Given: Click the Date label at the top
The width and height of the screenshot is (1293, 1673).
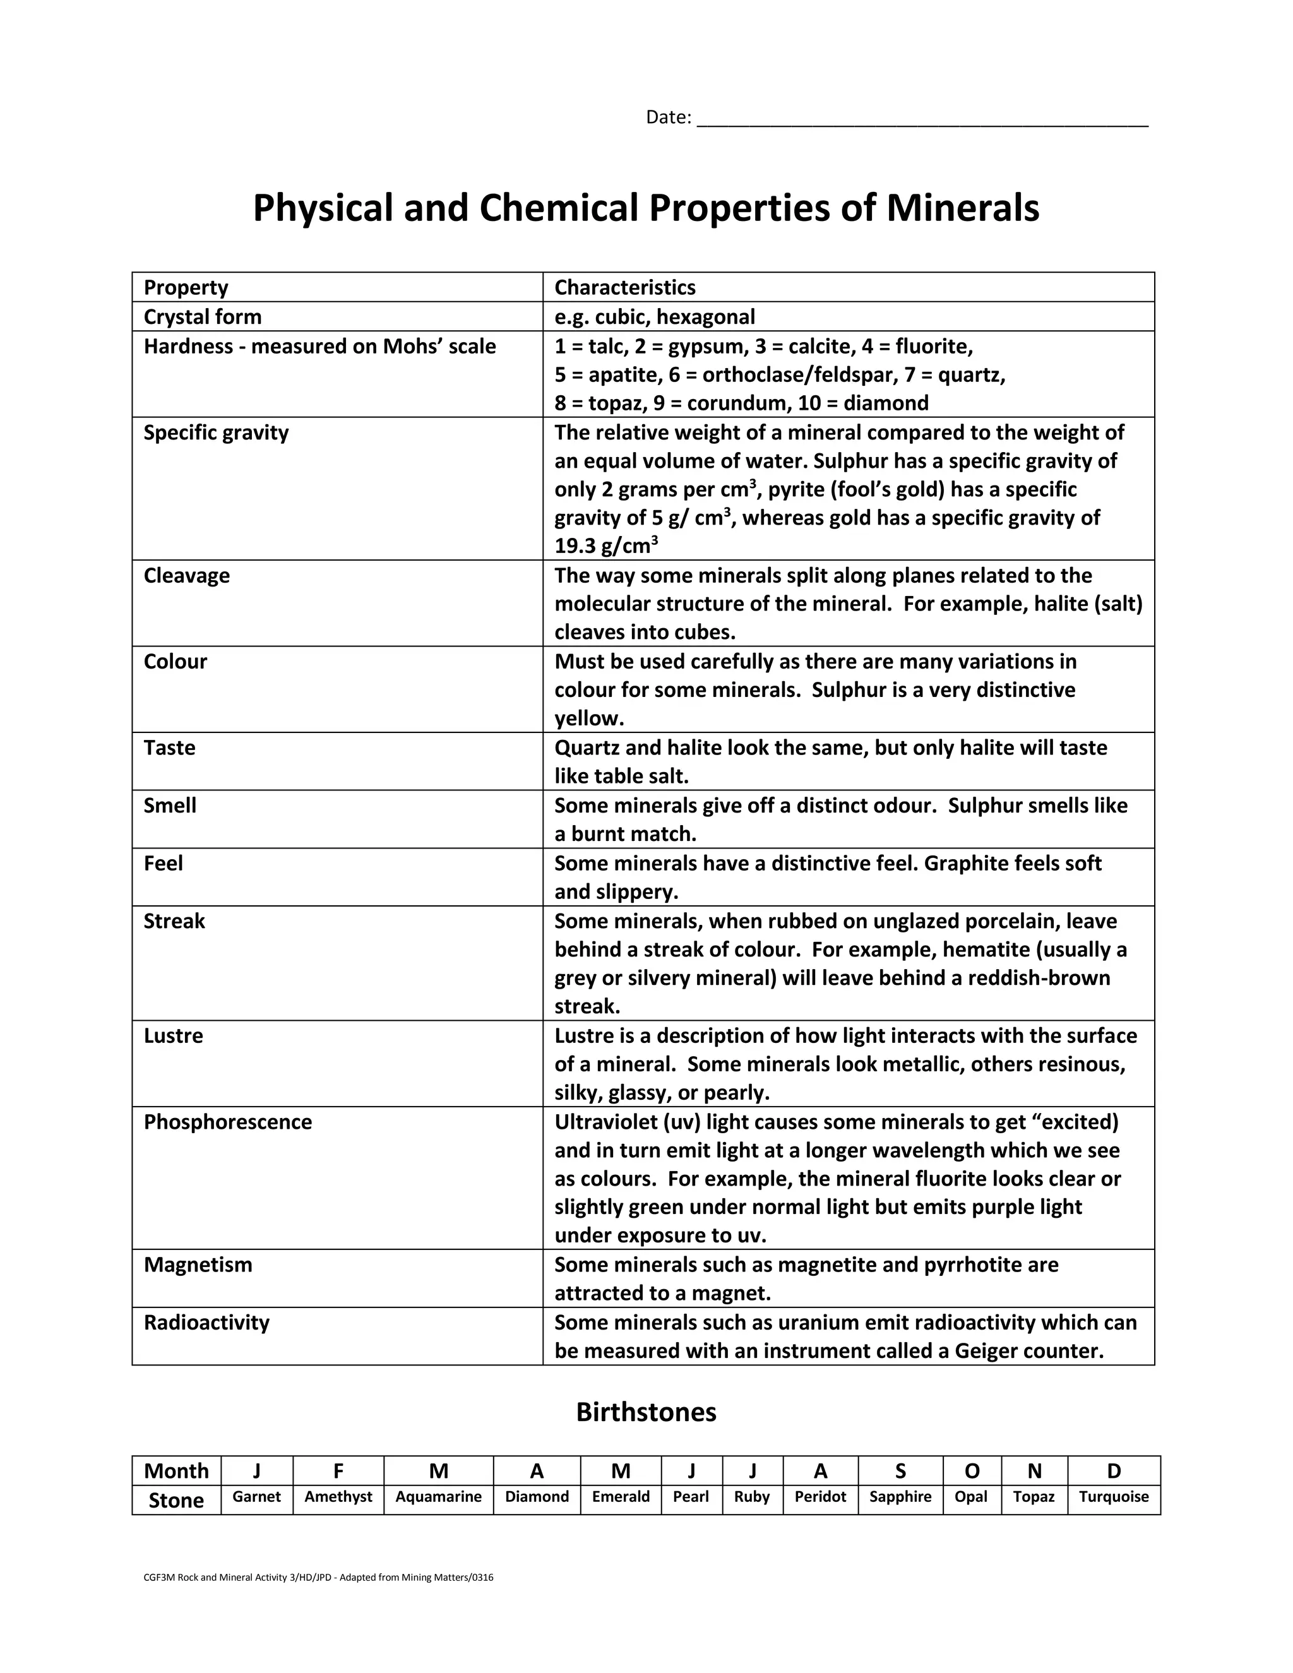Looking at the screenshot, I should [668, 117].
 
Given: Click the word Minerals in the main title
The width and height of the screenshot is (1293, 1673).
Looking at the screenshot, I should [962, 208].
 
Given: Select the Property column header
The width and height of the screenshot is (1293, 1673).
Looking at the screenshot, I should [186, 287].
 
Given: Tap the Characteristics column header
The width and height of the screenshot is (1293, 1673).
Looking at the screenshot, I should [624, 287].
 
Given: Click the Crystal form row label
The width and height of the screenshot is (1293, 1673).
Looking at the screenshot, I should [202, 316].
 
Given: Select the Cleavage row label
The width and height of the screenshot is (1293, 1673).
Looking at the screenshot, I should [186, 575].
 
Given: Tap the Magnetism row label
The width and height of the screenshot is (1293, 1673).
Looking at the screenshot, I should [198, 1264].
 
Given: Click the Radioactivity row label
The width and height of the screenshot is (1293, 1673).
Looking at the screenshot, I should [206, 1322].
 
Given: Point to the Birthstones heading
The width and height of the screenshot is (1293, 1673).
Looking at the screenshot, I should [646, 1412].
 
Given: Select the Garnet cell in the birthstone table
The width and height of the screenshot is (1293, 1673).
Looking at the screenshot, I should [256, 1496].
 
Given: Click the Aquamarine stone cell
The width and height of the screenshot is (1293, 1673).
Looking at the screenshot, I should [438, 1496].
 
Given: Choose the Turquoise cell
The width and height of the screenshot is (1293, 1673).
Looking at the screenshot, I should [1113, 1496].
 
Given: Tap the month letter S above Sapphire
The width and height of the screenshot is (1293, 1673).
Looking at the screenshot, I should [900, 1471].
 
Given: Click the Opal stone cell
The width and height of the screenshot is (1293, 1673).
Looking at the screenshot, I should [970, 1496].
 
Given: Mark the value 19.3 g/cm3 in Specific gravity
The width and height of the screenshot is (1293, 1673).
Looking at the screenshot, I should [605, 546].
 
